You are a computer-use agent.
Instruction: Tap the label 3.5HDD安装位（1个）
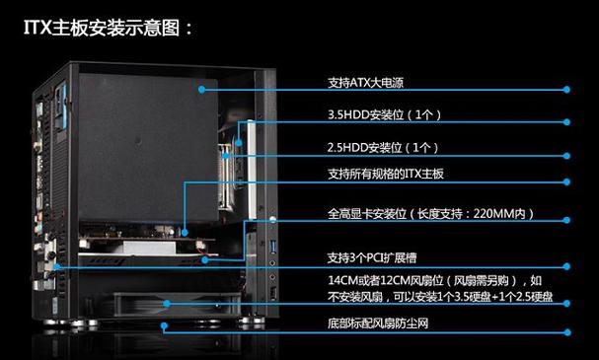pos(384,115)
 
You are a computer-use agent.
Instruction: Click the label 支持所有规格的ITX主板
pos(386,175)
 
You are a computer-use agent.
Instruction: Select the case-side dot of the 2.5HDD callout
pos(226,155)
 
